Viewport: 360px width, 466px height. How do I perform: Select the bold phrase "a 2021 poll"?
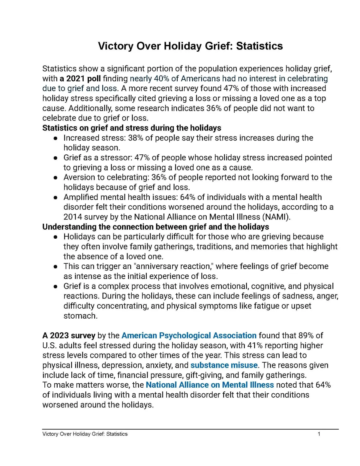click(x=80, y=79)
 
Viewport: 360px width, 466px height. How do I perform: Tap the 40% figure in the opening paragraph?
click(x=161, y=79)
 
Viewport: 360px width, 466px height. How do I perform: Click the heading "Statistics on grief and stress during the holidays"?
click(x=132, y=128)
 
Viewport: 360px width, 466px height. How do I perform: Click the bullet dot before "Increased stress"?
click(x=55, y=138)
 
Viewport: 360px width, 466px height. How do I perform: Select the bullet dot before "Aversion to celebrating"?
click(x=55, y=177)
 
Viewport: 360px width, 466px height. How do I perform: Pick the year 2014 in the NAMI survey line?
click(x=73, y=217)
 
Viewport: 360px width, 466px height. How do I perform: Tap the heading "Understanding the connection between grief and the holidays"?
click(x=155, y=227)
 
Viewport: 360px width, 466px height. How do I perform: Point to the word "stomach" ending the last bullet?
click(x=80, y=316)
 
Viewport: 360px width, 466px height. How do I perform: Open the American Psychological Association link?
click(x=189, y=335)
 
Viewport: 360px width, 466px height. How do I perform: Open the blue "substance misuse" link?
click(x=224, y=365)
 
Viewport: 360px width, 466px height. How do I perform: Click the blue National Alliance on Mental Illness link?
click(x=210, y=385)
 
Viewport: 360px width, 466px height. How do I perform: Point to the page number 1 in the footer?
click(x=319, y=434)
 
